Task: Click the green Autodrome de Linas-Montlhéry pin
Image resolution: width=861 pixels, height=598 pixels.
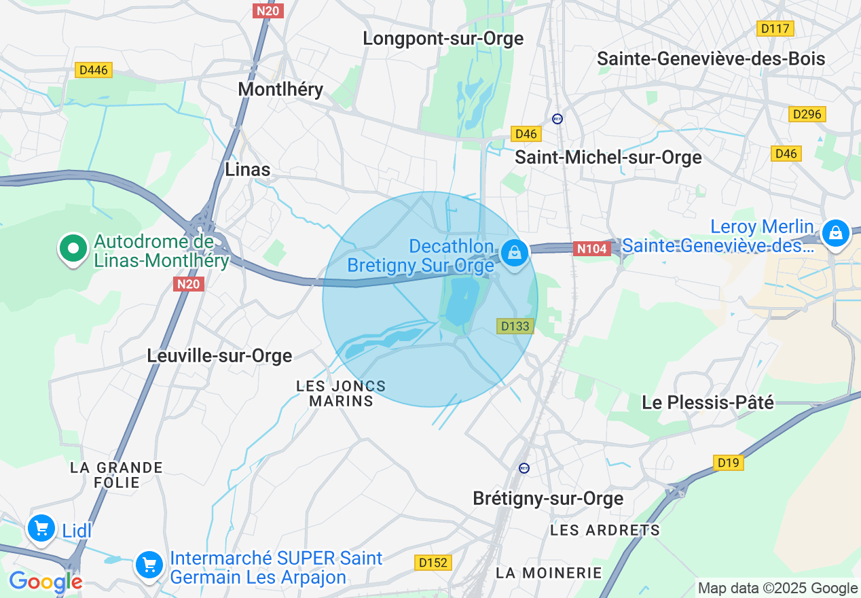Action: [73, 249]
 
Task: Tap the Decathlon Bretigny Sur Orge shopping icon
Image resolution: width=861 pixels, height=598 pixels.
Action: [514, 253]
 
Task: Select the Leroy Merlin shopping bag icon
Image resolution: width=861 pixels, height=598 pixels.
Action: [835, 233]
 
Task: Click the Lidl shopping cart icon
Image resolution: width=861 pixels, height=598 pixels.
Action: [41, 528]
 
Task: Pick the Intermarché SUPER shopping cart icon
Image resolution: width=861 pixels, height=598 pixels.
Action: [149, 565]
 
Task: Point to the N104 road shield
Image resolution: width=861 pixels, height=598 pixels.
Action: [591, 249]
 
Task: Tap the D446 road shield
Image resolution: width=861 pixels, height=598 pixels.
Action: [93, 70]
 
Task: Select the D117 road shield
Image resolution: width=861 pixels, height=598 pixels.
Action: [775, 29]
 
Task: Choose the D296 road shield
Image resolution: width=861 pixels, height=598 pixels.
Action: [807, 114]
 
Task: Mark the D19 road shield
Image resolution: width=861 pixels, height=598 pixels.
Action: [729, 463]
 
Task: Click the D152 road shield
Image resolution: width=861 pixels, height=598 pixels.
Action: [433, 562]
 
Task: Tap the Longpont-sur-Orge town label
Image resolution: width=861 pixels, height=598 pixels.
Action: [443, 39]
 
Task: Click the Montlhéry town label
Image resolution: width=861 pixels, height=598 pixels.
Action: [280, 89]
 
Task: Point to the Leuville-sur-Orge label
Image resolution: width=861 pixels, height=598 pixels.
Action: [219, 355]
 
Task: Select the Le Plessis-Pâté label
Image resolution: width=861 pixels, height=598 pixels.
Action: [708, 402]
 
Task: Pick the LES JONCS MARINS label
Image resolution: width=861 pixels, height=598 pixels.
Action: [341, 393]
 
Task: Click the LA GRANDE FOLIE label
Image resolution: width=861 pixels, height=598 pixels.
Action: [116, 475]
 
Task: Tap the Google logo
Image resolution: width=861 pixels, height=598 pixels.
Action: [45, 582]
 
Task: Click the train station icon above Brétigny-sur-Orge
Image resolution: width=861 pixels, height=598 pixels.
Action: [524, 468]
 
